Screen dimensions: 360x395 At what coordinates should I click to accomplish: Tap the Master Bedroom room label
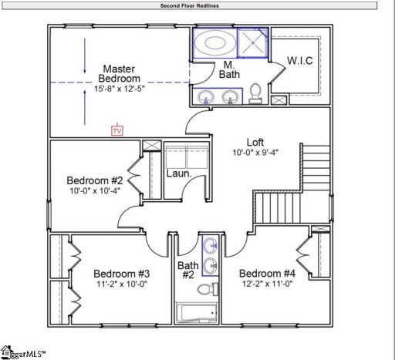pos(120,74)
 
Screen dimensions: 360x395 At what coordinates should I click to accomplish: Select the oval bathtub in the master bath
pos(211,42)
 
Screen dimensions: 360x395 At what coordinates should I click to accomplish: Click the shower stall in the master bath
pos(252,42)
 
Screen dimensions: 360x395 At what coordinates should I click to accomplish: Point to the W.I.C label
pos(299,60)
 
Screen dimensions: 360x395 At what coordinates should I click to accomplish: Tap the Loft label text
pos(255,142)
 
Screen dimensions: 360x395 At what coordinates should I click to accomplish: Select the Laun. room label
pos(179,173)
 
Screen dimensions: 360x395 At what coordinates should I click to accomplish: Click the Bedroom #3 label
pos(121,274)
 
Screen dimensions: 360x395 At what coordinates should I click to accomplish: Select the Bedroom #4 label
pos(267,274)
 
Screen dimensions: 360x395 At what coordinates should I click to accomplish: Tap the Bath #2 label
pos(187,269)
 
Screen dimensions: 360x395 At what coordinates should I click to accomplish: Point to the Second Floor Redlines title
pos(190,5)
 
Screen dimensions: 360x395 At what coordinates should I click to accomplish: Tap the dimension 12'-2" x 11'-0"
pos(267,284)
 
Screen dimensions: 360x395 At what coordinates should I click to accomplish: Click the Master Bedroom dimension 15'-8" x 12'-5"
pos(120,89)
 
